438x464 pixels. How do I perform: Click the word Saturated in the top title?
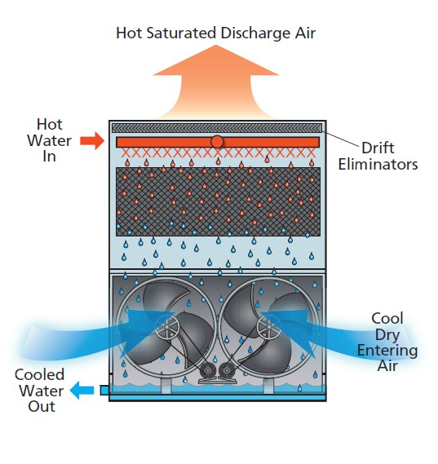181,33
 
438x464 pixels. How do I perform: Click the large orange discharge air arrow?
216,83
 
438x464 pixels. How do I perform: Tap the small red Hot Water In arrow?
92,141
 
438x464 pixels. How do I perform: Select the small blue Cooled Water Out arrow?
82,390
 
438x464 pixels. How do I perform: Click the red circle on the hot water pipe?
217,142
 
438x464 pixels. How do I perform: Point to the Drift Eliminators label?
378,156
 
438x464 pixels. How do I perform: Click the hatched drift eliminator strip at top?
217,128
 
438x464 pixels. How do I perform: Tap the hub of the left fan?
167,327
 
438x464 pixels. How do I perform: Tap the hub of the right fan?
268,327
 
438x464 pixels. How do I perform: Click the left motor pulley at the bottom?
208,370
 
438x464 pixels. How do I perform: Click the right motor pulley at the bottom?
227,370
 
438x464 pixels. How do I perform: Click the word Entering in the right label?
387,351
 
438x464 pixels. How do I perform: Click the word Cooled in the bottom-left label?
39,374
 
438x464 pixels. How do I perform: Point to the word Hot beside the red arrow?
50,124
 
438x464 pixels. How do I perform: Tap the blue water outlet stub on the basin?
104,391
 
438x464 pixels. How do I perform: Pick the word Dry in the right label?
387,335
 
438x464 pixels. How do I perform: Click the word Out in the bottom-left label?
42,406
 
